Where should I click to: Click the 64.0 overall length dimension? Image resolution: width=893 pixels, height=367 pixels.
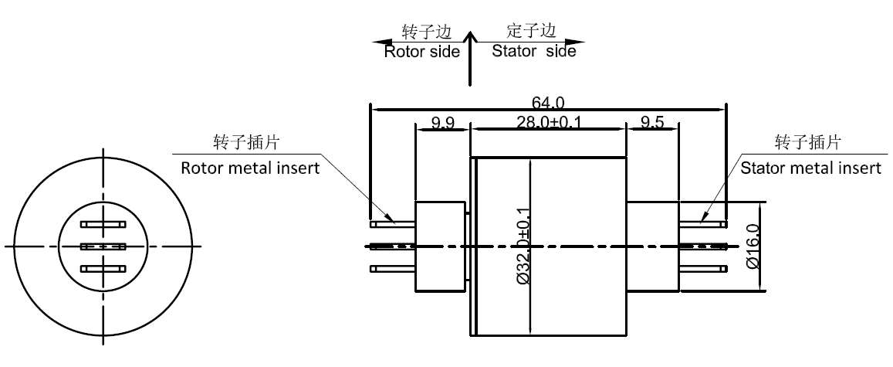pyautogui.click(x=549, y=101)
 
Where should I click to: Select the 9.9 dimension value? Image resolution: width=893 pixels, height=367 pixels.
pyautogui.click(x=442, y=121)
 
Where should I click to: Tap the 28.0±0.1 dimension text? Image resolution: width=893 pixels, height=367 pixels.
pyautogui.click(x=549, y=121)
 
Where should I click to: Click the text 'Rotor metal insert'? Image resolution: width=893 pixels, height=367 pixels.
pyautogui.click(x=249, y=168)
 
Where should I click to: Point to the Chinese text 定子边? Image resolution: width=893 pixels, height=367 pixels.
pyautogui.click(x=531, y=31)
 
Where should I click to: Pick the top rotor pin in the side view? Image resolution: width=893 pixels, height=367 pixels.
pyautogui.click(x=393, y=224)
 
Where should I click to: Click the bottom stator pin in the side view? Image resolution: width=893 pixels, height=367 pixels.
pyautogui.click(x=703, y=269)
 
